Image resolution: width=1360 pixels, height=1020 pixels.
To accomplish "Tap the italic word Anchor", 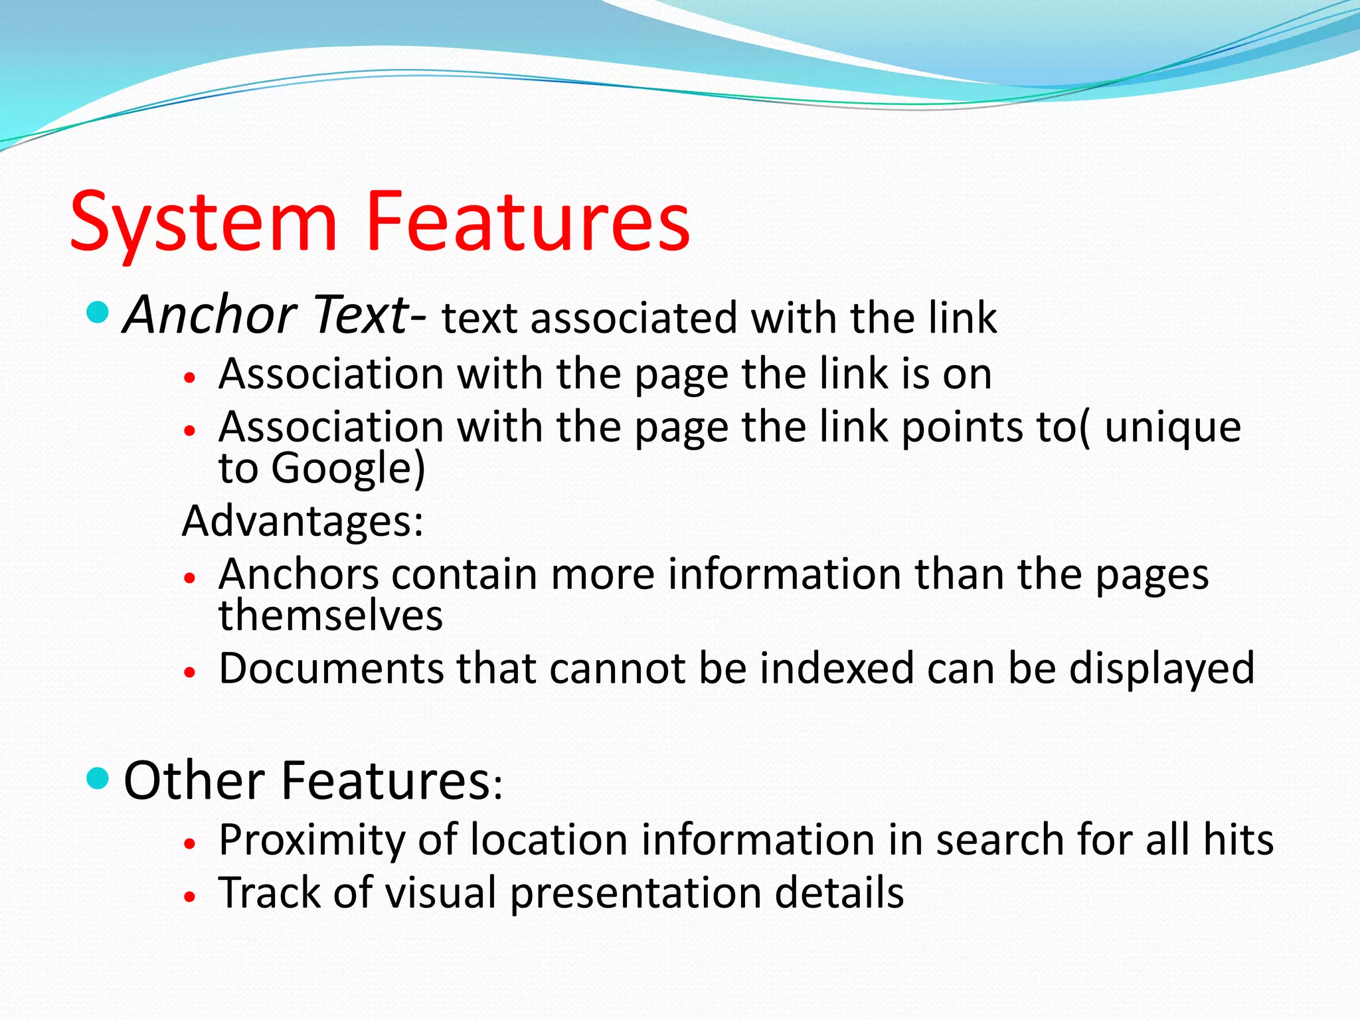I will tap(210, 315).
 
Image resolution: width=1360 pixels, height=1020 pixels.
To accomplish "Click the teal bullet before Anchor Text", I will tap(98, 311).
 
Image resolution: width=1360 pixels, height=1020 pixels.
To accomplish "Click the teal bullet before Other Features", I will tap(98, 778).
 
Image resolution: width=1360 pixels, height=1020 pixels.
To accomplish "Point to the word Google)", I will tap(348, 468).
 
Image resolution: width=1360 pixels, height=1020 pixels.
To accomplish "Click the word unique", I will tap(1173, 428).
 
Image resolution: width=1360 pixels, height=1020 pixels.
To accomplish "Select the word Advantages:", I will tap(303, 521).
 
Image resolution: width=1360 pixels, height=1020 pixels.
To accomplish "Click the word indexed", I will tap(837, 669).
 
